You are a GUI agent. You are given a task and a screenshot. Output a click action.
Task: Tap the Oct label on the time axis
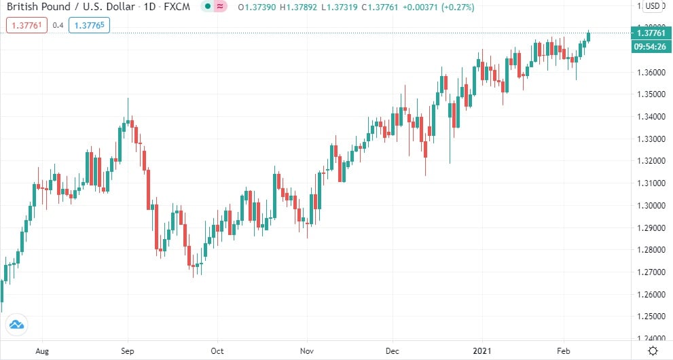[x=217, y=350]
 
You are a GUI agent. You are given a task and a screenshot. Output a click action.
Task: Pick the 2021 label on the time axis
[x=481, y=350]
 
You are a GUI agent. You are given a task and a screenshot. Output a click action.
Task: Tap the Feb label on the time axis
[x=563, y=350]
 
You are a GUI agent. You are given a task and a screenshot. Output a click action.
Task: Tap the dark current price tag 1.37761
[x=649, y=33]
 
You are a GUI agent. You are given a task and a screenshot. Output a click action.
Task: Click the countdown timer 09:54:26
[x=649, y=46]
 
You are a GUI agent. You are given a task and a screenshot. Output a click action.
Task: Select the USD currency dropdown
[x=652, y=7]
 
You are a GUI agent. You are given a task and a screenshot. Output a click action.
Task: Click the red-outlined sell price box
[x=26, y=26]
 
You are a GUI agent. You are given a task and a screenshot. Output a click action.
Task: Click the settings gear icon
[x=652, y=350]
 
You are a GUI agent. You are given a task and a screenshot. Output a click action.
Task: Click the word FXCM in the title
[x=177, y=7]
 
